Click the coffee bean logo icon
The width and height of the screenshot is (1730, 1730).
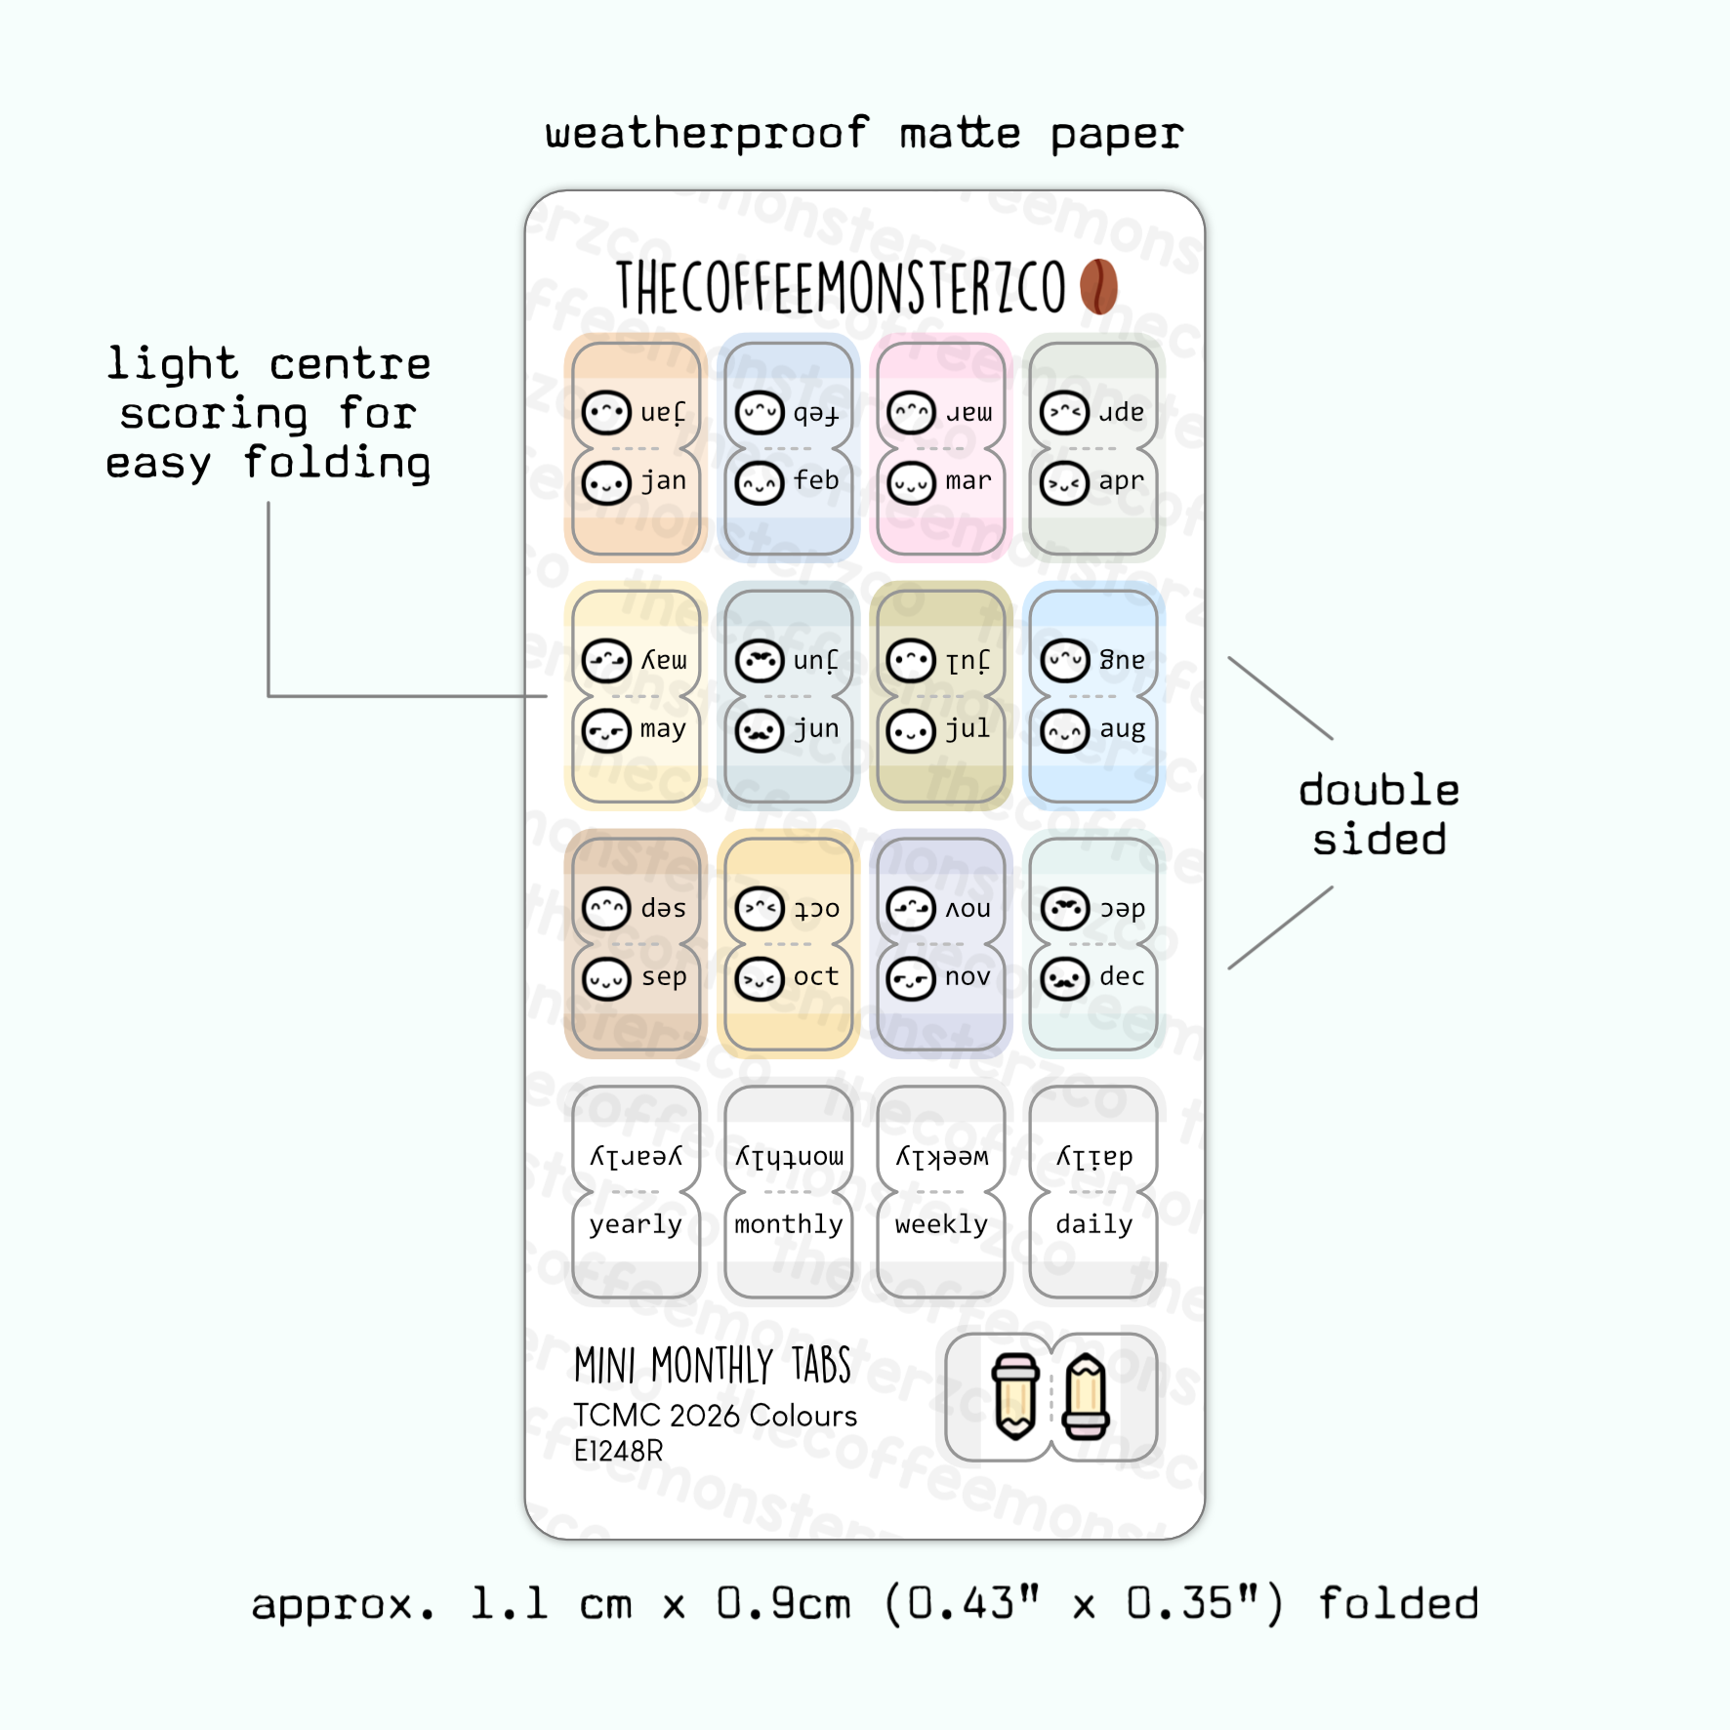click(x=1098, y=286)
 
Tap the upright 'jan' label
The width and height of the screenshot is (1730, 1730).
click(x=664, y=481)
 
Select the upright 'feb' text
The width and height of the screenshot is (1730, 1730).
click(x=816, y=481)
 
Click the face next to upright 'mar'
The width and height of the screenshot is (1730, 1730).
click(x=912, y=483)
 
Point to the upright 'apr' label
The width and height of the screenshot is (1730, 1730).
click(x=1121, y=481)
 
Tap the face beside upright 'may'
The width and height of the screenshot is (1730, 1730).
click(x=606, y=730)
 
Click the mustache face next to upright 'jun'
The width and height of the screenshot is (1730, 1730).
click(x=760, y=730)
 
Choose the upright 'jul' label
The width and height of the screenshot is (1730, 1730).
click(x=968, y=729)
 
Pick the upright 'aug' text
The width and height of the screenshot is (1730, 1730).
click(x=1122, y=730)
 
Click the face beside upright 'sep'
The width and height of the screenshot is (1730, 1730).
click(x=606, y=978)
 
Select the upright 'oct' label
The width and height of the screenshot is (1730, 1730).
click(x=816, y=977)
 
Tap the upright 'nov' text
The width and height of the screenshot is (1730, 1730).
click(x=968, y=977)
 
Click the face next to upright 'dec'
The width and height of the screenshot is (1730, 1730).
click(x=1064, y=978)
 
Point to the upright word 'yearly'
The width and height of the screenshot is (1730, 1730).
click(x=636, y=1225)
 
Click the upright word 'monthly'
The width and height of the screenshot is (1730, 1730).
click(x=789, y=1225)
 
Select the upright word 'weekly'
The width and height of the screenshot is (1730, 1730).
click(x=941, y=1225)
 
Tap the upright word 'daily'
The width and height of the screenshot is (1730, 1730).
click(x=1094, y=1225)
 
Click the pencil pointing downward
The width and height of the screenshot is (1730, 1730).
click(x=1015, y=1396)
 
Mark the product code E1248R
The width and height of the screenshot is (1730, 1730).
click(x=618, y=1452)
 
